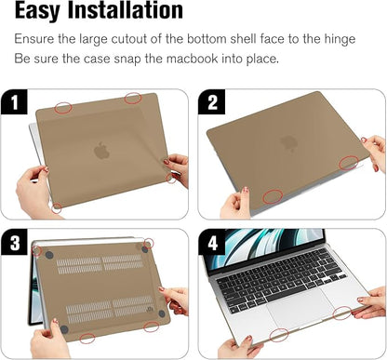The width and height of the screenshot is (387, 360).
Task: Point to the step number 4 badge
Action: (x=213, y=244)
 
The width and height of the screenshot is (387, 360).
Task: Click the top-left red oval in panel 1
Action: (x=63, y=108)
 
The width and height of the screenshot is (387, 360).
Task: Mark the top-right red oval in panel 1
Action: (x=133, y=98)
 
